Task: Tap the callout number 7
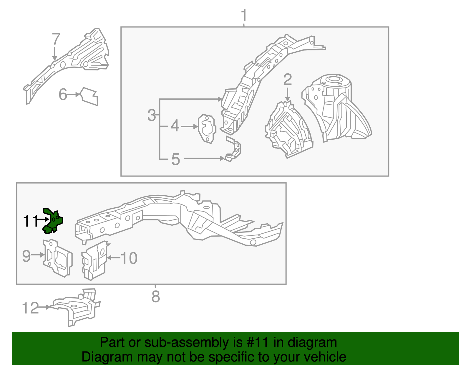(56, 39)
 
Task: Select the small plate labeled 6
(89, 96)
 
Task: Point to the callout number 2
(287, 80)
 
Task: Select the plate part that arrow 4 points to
(207, 129)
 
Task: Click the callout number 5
(175, 159)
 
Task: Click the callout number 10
(129, 258)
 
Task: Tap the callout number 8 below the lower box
(155, 296)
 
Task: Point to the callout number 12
(30, 308)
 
